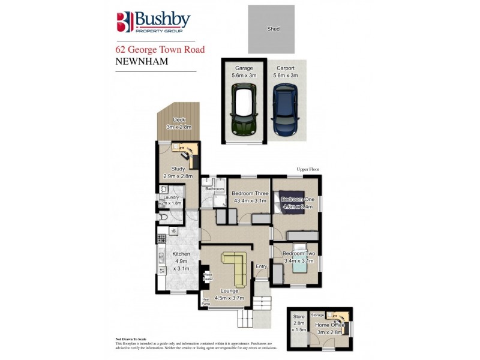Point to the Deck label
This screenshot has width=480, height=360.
178,120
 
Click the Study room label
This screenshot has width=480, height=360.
178,169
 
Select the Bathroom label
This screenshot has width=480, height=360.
214,188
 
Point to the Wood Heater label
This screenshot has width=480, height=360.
208,277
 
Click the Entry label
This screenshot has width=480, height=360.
261,266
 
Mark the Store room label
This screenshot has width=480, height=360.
298,316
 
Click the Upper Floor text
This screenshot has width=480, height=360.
309,170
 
